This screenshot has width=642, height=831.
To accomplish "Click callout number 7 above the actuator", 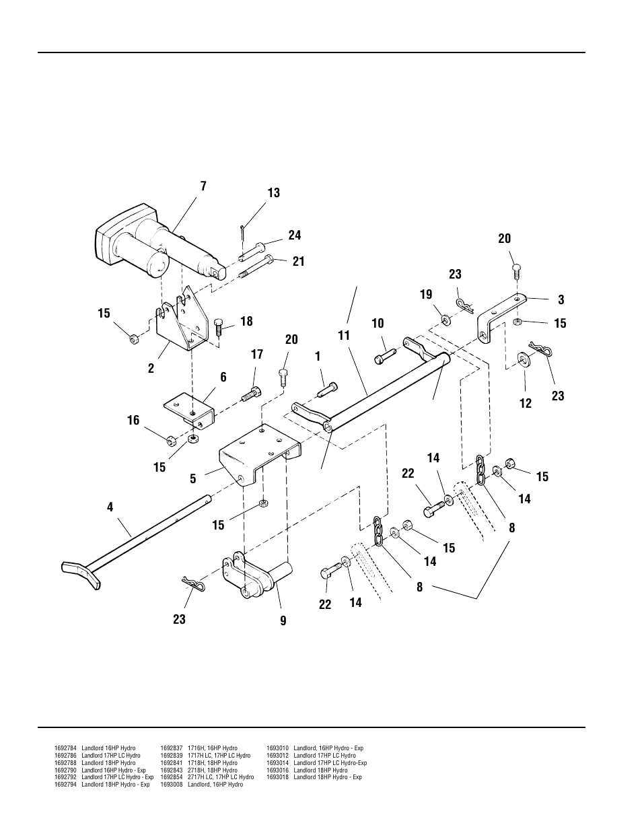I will pyautogui.click(x=203, y=186).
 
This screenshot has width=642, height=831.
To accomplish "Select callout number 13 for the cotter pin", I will pyautogui.click(x=273, y=193).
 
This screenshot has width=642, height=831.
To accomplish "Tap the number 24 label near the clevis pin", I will pyautogui.click(x=295, y=236).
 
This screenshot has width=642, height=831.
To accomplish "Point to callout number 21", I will pyautogui.click(x=298, y=261).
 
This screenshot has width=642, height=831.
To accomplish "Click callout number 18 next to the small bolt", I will pyautogui.click(x=246, y=321).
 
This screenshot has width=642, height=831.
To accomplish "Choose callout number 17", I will pyautogui.click(x=256, y=354).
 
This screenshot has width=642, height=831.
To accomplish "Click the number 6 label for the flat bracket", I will pyautogui.click(x=223, y=377).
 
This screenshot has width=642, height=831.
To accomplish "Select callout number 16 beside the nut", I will pyautogui.click(x=133, y=421).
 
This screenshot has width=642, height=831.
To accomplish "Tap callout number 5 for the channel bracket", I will pyautogui.click(x=193, y=479).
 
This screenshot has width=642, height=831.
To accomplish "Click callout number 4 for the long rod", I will pyautogui.click(x=110, y=507).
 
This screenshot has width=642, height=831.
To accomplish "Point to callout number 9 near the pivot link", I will pyautogui.click(x=283, y=621).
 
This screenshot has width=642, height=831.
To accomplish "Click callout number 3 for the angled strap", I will pyautogui.click(x=561, y=300).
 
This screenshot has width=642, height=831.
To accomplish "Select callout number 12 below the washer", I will pyautogui.click(x=525, y=403).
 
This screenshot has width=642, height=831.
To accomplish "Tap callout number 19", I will pyautogui.click(x=425, y=295).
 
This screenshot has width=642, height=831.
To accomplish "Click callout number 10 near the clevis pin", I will pyautogui.click(x=378, y=324).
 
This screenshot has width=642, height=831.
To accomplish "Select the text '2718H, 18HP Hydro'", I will pyautogui.click(x=212, y=770).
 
